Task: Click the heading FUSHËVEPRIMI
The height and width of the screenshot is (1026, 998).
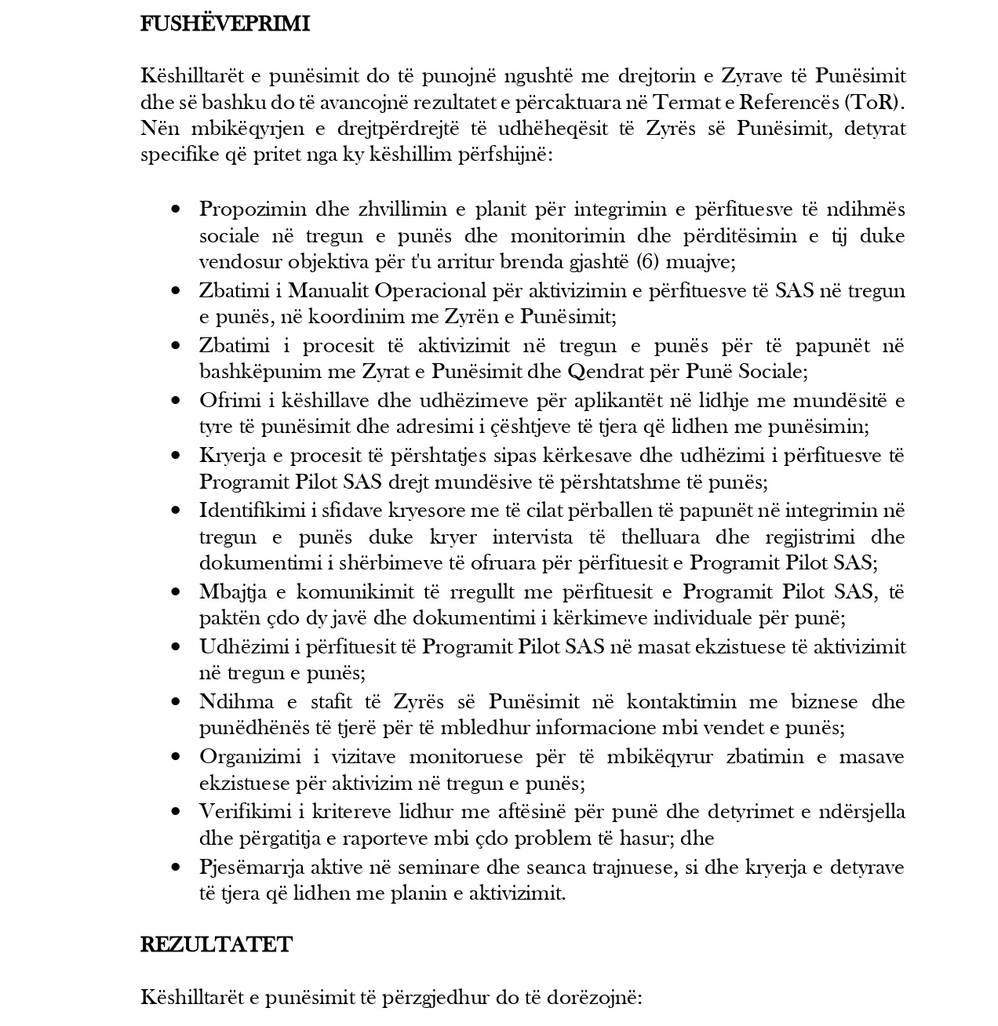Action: click(x=225, y=24)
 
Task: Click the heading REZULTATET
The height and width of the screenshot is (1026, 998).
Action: click(x=216, y=944)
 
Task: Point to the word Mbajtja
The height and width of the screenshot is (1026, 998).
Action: click(x=230, y=591)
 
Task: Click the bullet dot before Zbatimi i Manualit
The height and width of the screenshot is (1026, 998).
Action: click(x=176, y=291)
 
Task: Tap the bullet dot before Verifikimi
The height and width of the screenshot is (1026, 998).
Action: click(x=176, y=812)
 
